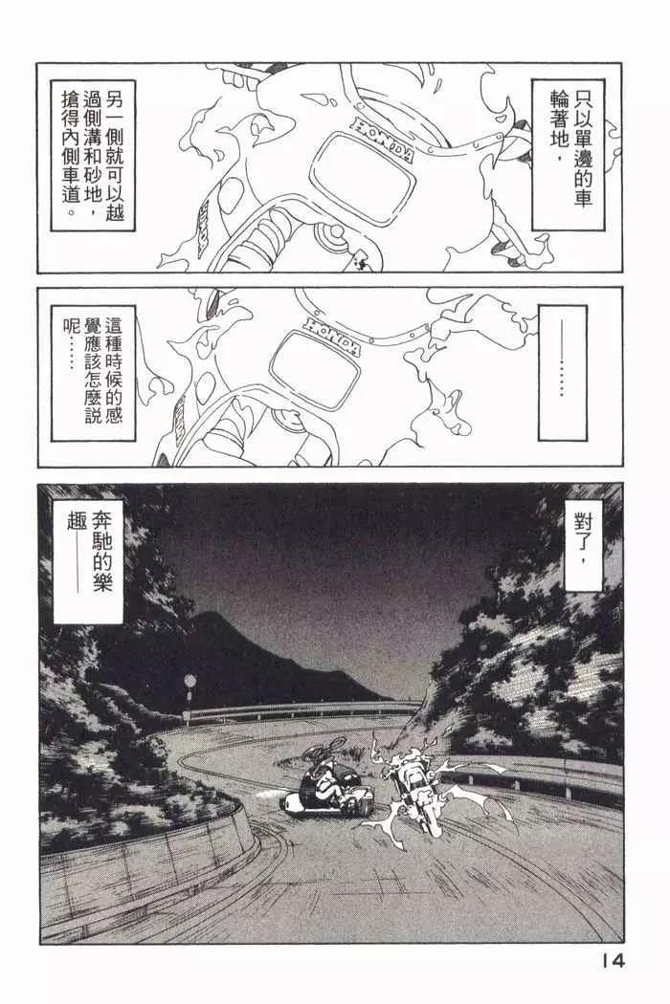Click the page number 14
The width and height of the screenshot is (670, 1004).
pyautogui.click(x=613, y=960)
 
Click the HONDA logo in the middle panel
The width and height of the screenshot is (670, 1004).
pyautogui.click(x=331, y=335)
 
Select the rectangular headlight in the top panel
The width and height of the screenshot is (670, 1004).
pyautogui.click(x=361, y=177)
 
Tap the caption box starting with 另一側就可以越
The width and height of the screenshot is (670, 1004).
pyautogui.click(x=92, y=155)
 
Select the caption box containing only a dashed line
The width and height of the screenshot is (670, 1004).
pyautogui.click(x=562, y=373)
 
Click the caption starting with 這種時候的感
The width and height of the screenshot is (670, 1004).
pyautogui.click(x=93, y=373)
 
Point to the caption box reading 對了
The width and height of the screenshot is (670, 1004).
pyautogui.click(x=580, y=544)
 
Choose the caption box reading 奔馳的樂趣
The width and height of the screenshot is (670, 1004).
pyautogui.click(x=88, y=561)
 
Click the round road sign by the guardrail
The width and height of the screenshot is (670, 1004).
pyautogui.click(x=190, y=680)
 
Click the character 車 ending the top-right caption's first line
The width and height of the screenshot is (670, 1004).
pyautogui.click(x=582, y=198)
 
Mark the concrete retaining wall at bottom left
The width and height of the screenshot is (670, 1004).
pyautogui.click(x=147, y=858)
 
